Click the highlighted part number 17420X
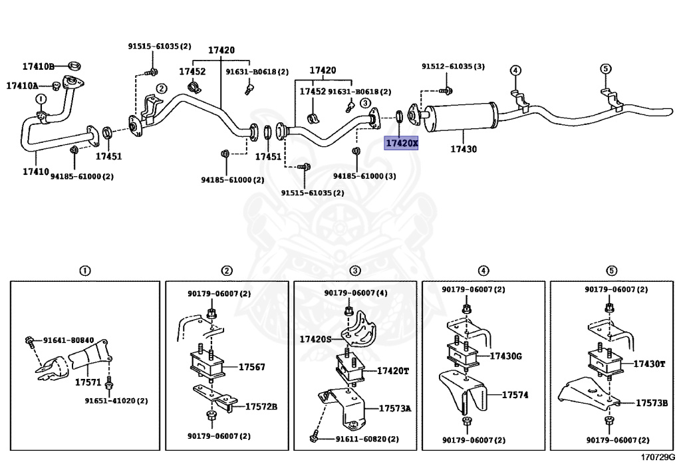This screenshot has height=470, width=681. point(402,143)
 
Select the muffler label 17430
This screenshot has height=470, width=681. point(464,150)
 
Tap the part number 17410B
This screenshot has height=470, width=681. point(38,66)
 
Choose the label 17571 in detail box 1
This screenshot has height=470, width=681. point(88,383)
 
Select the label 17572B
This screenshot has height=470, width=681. point(261,406)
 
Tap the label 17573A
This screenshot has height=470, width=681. point(395,408)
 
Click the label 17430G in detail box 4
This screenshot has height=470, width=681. point(506,356)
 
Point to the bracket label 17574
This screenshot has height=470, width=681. point(515,394)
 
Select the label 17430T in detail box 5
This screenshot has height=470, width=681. point(649,364)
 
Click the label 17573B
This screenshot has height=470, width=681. point(651,403)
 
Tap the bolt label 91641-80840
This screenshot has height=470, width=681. point(68,340)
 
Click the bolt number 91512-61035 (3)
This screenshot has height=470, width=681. point(453,66)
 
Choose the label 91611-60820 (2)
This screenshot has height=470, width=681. point(367,439)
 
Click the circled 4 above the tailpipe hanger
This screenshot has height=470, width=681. point(515,70)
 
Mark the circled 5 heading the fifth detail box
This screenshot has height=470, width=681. point(611,271)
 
